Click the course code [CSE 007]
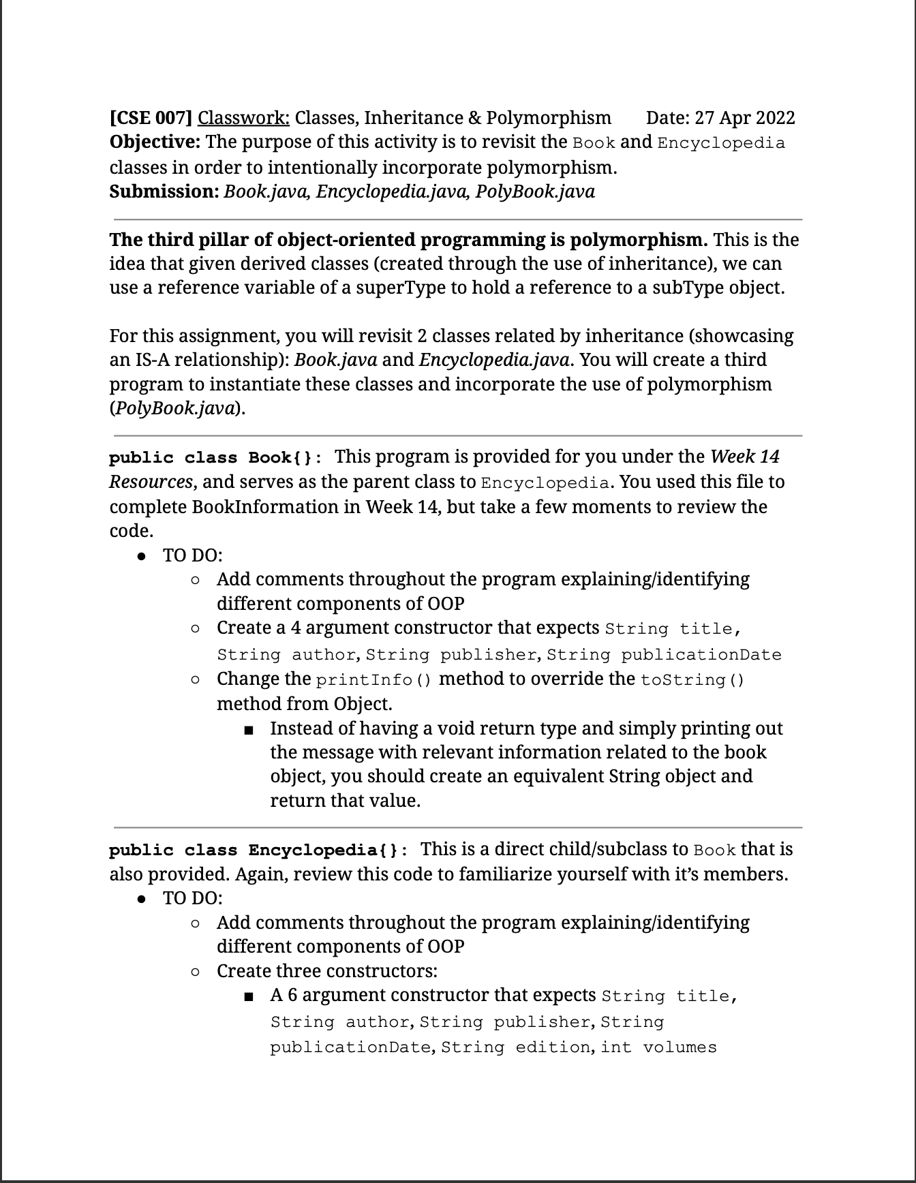tap(151, 118)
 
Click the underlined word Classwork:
tap(243, 118)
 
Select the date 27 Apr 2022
tap(744, 118)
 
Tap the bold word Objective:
tap(155, 142)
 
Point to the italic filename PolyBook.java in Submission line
tap(535, 191)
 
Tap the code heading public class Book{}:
tap(216, 457)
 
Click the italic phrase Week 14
tap(744, 457)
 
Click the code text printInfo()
tap(374, 680)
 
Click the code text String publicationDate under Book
tap(664, 655)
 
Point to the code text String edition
tap(515, 1047)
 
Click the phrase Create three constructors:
tap(327, 971)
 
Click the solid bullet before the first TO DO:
tap(142, 556)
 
